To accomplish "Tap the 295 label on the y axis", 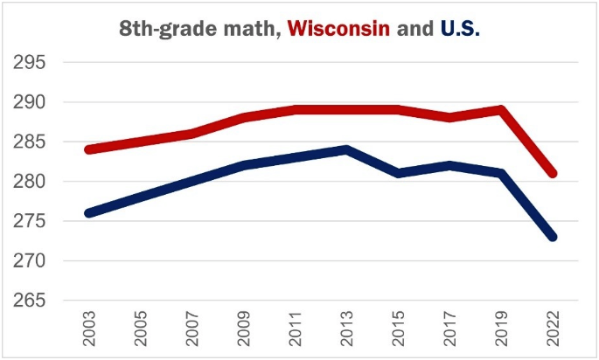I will pos(30,63).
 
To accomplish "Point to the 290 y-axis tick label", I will pos(30,102).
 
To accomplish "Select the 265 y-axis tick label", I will pos(30,301).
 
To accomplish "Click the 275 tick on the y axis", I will pos(30,221).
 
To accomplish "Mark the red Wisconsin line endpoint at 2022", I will pos(552,173).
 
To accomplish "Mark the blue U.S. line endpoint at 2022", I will pos(552,237).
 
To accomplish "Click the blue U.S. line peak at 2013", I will pos(347,149).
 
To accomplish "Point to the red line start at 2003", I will pos(90,149).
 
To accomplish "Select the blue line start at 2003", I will pos(90,212).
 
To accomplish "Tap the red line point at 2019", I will pos(501,110).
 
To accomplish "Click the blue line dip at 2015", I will pos(398,173).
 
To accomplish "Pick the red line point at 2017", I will pos(449,117).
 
